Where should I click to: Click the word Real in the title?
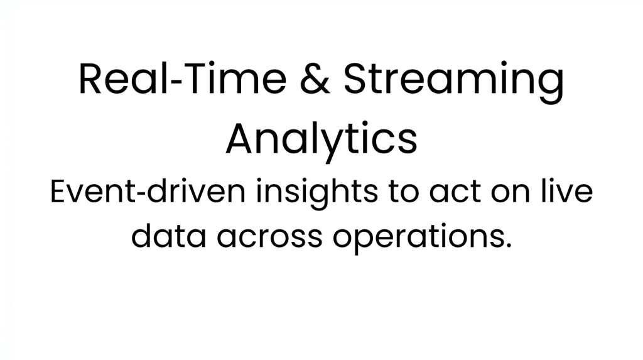pos(124,79)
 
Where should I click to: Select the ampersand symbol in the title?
pos(315,79)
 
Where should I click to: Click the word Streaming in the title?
pos(453,82)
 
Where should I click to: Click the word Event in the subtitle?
pos(93,191)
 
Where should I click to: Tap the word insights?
pos(316,194)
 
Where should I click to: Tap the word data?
pos(168,236)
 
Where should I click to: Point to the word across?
pos(269,239)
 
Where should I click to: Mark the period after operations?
pos(509,245)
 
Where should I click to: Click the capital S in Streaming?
pos(355,79)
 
